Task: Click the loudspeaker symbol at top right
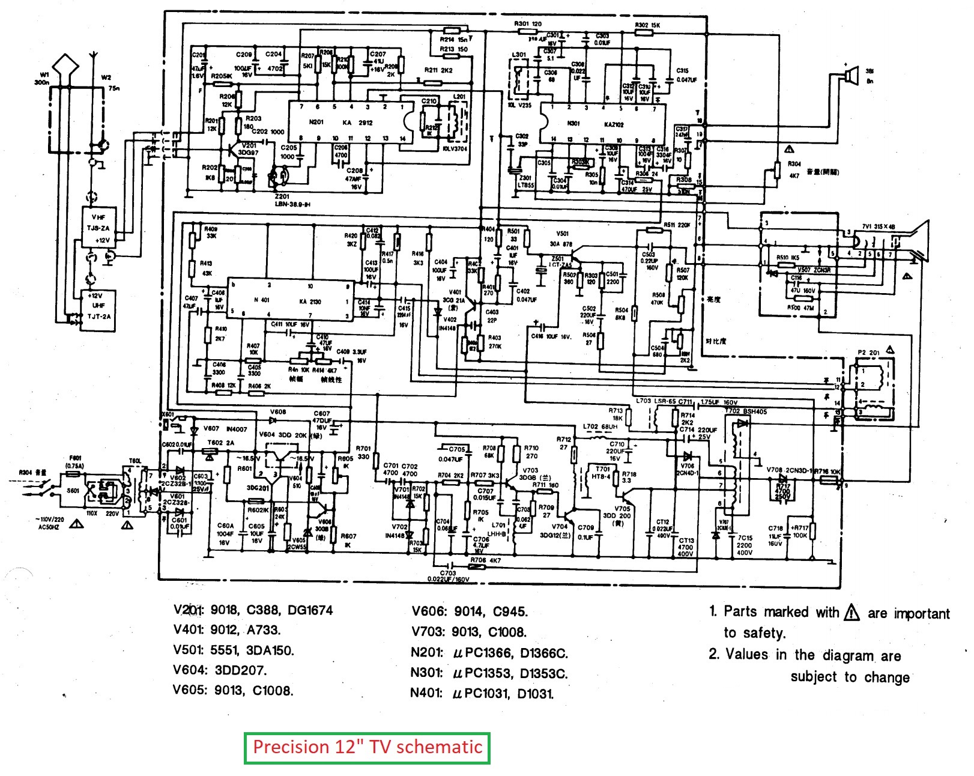point(848,75)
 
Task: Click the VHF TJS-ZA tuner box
point(99,228)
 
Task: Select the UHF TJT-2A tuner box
point(99,306)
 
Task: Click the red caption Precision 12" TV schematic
point(367,747)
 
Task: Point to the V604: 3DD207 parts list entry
point(220,670)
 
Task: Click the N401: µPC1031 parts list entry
point(482,693)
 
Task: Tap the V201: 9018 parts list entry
point(252,610)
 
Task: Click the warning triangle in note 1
point(851,613)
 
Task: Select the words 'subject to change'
point(850,677)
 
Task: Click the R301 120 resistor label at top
point(528,24)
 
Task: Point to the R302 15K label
point(647,25)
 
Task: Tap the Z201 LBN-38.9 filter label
point(292,201)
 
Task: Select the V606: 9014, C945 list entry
point(470,611)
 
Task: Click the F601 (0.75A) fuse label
point(75,461)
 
